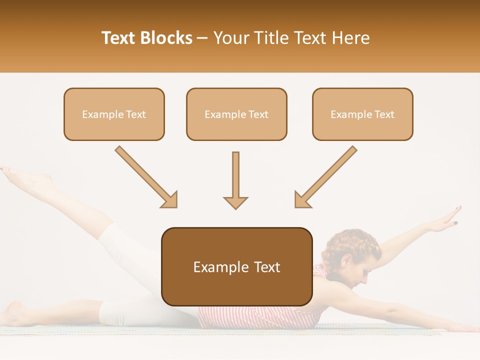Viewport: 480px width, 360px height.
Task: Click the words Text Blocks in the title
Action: pos(146,38)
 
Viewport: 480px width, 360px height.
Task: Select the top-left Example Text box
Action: pos(114,114)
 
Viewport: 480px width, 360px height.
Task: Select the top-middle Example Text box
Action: pos(236,114)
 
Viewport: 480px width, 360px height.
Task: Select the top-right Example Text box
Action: pos(362,114)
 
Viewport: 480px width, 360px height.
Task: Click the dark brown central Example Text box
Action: pos(236,266)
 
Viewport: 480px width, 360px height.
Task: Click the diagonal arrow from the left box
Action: pos(146,177)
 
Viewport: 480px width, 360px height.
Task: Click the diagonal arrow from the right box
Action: pos(325,177)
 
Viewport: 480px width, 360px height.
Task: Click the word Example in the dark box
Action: pos(214,267)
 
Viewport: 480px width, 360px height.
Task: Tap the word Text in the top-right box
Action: pos(384,114)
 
